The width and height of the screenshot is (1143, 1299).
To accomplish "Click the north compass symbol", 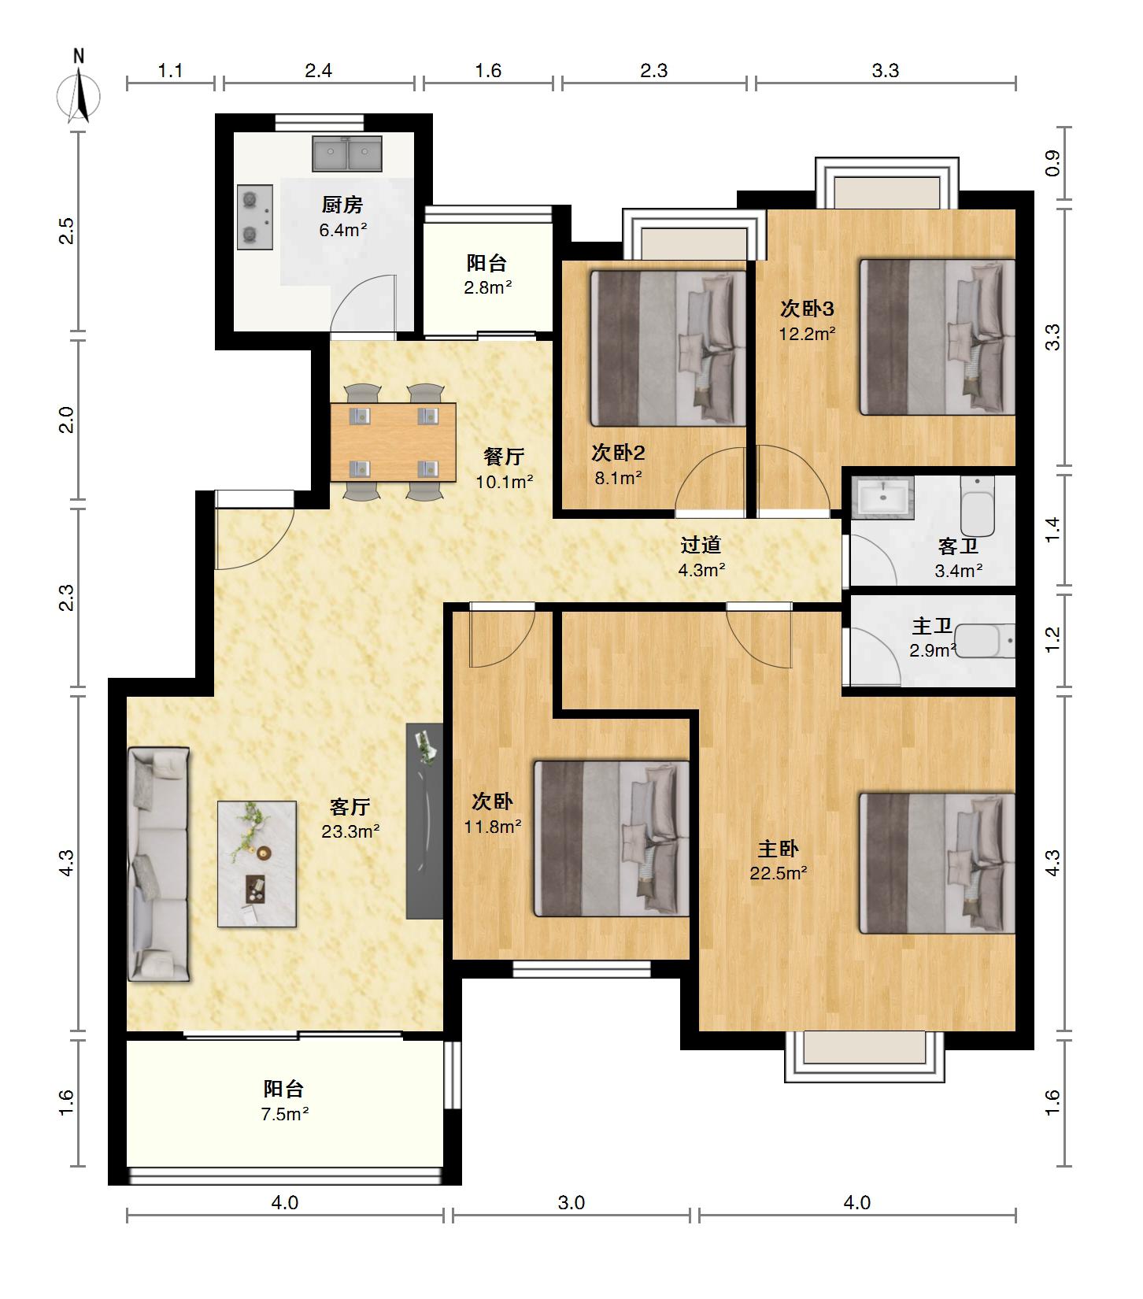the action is coord(79,88).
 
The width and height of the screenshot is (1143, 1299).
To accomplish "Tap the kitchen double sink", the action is coord(347,154).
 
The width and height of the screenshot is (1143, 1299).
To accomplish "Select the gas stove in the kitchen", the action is coord(255,217).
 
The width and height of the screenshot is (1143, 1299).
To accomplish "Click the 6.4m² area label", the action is coord(342,230).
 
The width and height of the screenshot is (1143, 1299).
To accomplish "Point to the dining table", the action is coord(393,442).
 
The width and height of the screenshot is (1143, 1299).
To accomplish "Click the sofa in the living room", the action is coord(158,864).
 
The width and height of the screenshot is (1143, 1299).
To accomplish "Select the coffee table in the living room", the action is coord(257,864).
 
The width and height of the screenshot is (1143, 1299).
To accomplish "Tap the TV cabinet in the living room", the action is coord(425,821).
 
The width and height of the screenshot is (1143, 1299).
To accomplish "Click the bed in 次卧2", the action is coord(668,348).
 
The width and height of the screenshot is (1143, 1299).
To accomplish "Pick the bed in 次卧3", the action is coord(937,337).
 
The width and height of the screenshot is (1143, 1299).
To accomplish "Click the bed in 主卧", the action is coord(937,864).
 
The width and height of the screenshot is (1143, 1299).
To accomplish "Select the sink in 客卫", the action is coord(882,498).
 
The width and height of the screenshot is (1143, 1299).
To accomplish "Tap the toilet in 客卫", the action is coord(978,505).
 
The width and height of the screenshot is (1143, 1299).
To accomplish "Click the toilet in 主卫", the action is coord(987,641).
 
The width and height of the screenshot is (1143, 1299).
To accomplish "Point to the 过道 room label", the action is coord(701,545).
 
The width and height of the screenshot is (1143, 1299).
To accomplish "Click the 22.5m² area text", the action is coord(778,873).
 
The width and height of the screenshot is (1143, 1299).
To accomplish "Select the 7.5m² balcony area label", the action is coord(285,1114).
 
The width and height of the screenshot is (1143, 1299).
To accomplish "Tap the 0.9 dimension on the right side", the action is coord(1053,164).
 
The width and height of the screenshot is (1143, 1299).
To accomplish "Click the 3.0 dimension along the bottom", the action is coord(571,1203).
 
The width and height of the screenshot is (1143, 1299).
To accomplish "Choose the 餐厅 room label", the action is coord(504,457).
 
